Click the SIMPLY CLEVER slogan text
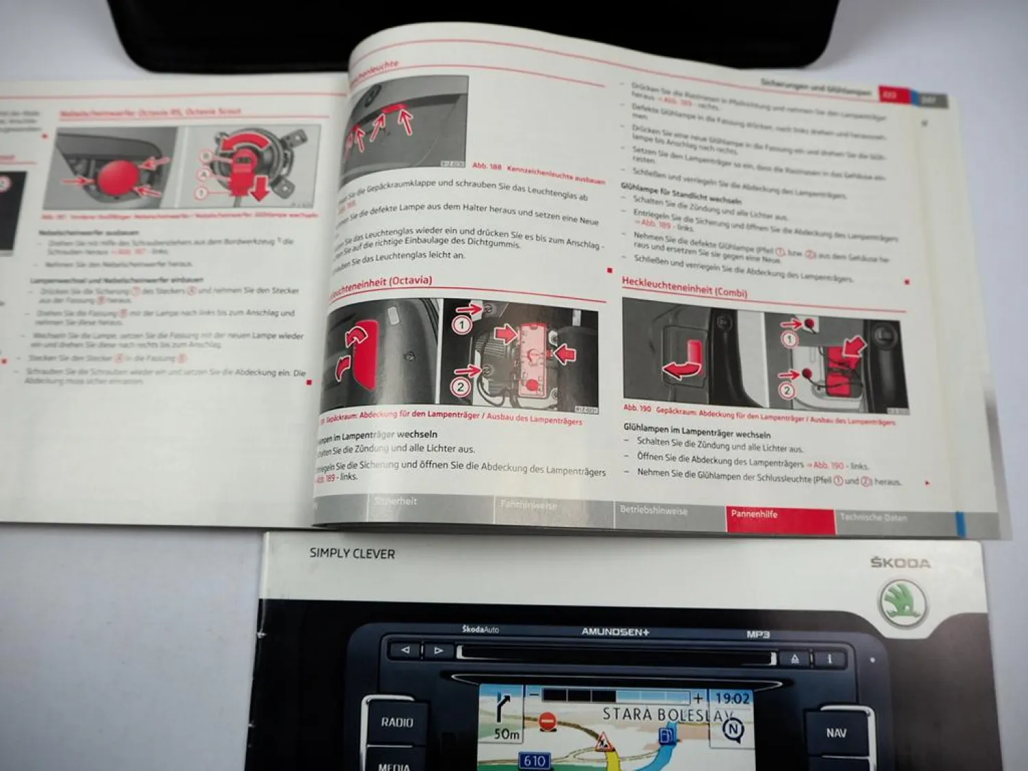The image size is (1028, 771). [x=352, y=553]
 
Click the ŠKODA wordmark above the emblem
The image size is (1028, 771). [x=901, y=563]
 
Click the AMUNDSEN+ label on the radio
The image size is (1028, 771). [x=615, y=632]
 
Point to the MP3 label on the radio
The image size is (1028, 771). [x=758, y=635]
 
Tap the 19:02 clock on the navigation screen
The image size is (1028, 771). [x=732, y=698]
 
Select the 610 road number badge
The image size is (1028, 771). [x=534, y=760]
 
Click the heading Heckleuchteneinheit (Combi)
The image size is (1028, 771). [x=684, y=287]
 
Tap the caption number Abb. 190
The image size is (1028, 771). [x=637, y=408]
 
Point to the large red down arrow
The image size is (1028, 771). [x=260, y=192]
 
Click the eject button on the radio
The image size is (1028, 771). [x=794, y=659]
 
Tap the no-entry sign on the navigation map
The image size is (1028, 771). [x=547, y=721]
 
